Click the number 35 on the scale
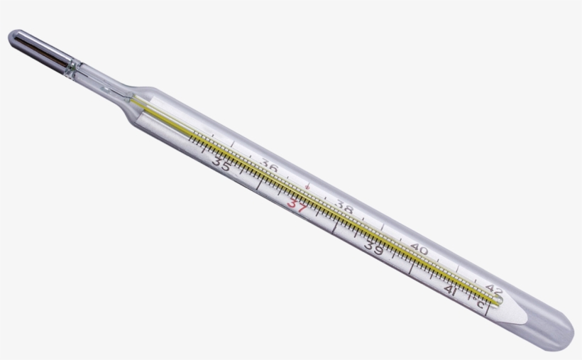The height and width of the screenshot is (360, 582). [x=221, y=165]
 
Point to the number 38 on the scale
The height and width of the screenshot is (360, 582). [x=345, y=208]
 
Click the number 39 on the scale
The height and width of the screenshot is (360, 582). [x=373, y=249]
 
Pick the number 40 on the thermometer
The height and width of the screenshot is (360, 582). [x=419, y=250]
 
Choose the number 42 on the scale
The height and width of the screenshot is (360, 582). [x=494, y=289]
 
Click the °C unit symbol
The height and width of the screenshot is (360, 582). [x=478, y=303]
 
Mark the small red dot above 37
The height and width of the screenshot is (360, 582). [x=307, y=186]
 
